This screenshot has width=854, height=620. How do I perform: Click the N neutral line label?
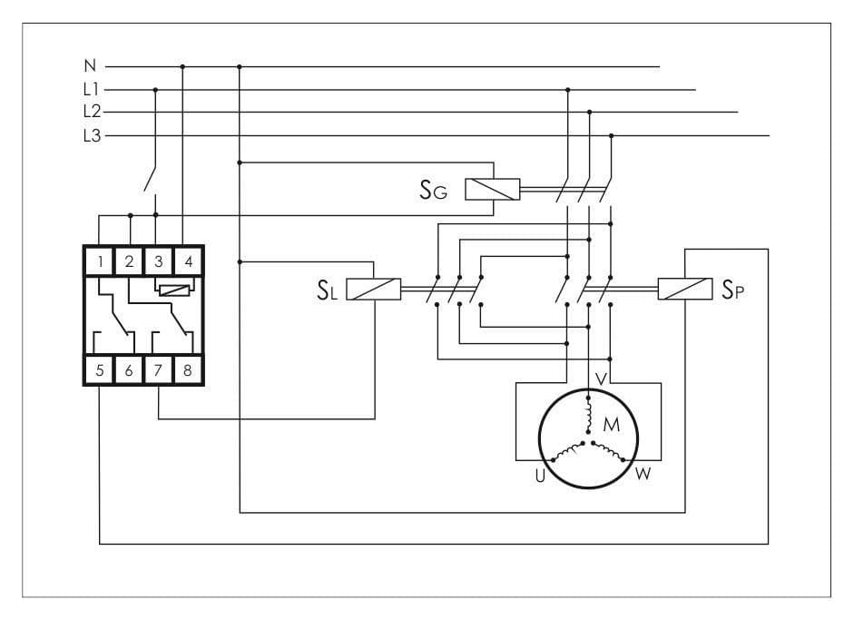[x=90, y=66]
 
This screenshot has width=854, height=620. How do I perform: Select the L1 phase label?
[x=92, y=89]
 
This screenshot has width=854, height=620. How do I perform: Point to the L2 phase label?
[x=92, y=112]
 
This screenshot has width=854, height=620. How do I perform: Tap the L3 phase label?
[x=92, y=135]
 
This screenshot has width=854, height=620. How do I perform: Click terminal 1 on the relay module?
[x=100, y=261]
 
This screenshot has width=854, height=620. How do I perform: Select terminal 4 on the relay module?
[x=189, y=261]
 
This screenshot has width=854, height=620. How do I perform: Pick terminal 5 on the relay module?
[x=100, y=370]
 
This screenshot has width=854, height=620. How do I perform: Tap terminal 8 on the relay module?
[x=188, y=370]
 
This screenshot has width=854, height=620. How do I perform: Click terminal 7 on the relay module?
[x=158, y=370]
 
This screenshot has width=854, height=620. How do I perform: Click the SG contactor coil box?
[x=493, y=189]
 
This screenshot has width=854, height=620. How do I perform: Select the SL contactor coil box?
[x=374, y=290]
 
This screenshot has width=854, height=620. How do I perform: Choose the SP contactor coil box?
[x=685, y=289]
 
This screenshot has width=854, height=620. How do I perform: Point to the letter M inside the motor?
[x=612, y=425]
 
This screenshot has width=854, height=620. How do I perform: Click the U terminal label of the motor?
[x=540, y=477]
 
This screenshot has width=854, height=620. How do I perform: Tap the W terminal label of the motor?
[x=643, y=474]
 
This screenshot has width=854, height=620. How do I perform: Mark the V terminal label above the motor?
[x=602, y=379]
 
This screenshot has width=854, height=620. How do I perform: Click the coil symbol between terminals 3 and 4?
[x=174, y=290]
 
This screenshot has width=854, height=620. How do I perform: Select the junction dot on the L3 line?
[x=611, y=135]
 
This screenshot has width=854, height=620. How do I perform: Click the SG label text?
[x=434, y=190]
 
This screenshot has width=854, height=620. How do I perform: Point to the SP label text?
[x=732, y=290]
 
